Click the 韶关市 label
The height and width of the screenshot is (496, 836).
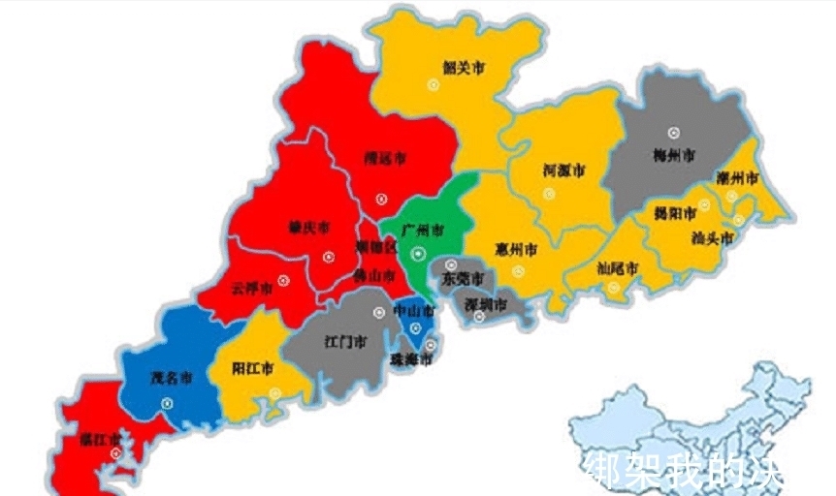point(463,68)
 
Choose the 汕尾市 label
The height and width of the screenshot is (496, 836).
point(617,267)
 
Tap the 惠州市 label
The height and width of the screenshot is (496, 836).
point(515,249)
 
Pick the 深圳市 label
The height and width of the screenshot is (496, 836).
point(485,305)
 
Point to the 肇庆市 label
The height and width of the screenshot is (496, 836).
point(309,228)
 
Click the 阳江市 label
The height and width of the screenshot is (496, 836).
point(253,369)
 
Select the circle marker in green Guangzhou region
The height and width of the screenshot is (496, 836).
point(418,254)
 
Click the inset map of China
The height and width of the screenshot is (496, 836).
point(679,426)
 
